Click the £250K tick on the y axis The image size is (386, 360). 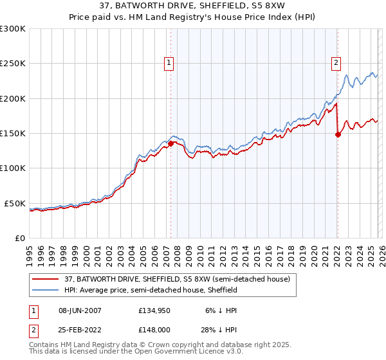coord(13,64)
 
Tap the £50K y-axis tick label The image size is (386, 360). coord(15,203)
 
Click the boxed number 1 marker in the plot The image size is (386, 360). coord(169,63)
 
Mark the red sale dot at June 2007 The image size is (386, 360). coord(171,144)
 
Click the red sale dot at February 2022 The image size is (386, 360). coord(338,134)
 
